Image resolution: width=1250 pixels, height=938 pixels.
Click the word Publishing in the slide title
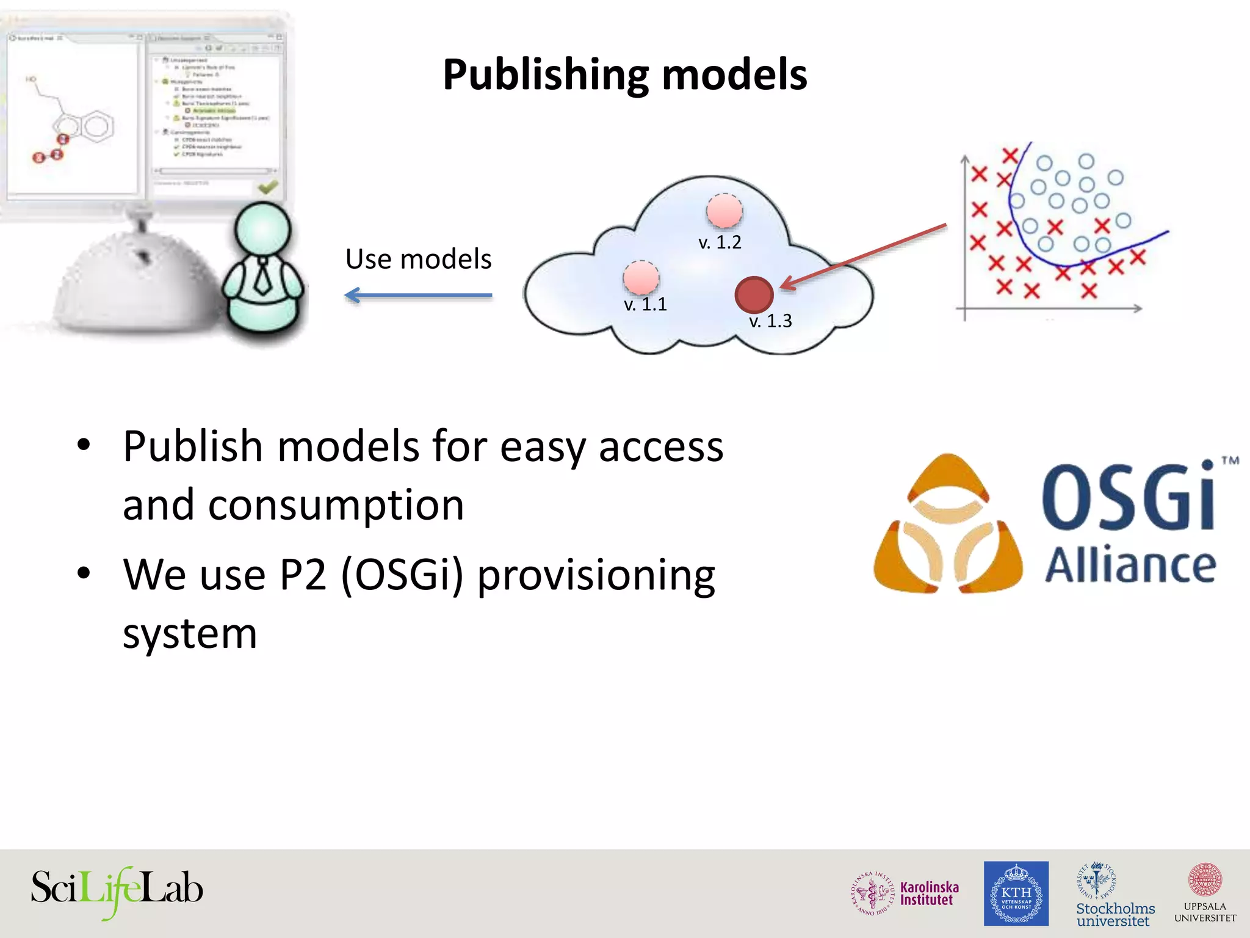[x=545, y=75]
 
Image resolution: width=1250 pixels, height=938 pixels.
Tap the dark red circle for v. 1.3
[x=754, y=294]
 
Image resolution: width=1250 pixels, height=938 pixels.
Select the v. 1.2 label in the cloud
[x=720, y=242]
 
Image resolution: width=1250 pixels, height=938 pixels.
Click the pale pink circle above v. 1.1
[x=641, y=278]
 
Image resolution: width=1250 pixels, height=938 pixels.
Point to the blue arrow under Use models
[x=419, y=296]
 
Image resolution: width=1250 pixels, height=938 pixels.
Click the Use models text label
[x=419, y=259]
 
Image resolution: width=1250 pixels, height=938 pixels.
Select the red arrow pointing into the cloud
[x=864, y=256]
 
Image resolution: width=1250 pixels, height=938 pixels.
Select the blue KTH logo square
[x=1016, y=893]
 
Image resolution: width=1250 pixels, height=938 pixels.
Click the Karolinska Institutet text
[x=929, y=893]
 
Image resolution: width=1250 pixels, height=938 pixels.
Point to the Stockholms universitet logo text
[x=1115, y=914]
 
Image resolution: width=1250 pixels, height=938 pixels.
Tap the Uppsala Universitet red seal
[x=1205, y=880]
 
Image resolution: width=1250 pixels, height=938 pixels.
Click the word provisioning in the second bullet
[x=596, y=576]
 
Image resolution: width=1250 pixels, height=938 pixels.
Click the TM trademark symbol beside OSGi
[x=1230, y=460]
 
